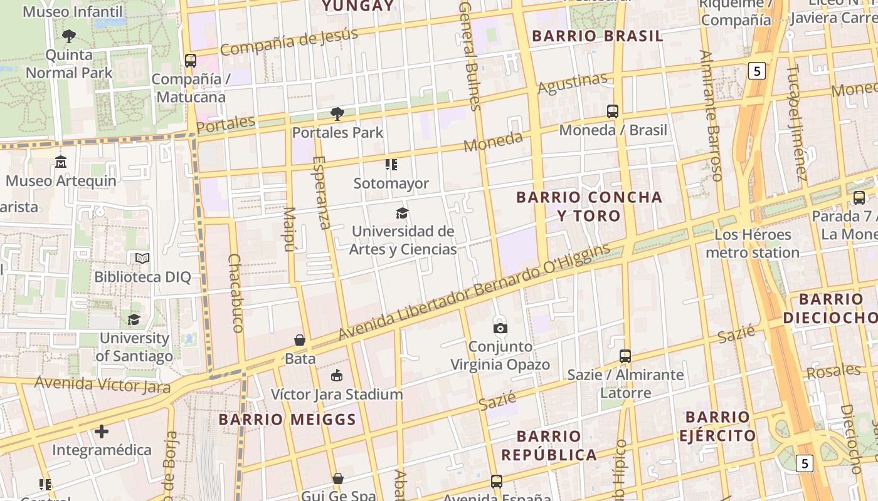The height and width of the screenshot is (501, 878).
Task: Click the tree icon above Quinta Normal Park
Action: (x=69, y=36)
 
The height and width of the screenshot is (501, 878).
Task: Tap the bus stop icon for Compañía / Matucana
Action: (x=191, y=61)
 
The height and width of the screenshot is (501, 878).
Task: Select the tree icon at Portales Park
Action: (x=337, y=114)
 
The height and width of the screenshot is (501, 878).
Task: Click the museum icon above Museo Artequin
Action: (x=61, y=162)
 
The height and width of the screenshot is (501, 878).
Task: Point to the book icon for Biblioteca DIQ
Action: (x=142, y=258)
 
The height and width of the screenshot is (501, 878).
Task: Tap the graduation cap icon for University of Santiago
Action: (x=134, y=320)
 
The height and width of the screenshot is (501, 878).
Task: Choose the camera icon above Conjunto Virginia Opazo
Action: (x=500, y=328)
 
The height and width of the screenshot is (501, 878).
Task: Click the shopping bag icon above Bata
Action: (x=300, y=340)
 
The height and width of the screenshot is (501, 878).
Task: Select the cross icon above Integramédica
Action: (x=102, y=431)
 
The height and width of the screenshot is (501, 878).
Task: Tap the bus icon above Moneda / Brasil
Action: (x=613, y=111)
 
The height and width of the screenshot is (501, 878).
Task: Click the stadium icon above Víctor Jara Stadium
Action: (x=337, y=376)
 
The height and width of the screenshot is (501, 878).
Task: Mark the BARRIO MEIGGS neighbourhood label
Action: (x=287, y=420)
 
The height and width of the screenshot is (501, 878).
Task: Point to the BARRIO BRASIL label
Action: (x=597, y=36)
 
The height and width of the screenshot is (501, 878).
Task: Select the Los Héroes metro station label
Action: (x=753, y=244)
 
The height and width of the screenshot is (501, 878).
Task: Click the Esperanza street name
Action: (x=321, y=192)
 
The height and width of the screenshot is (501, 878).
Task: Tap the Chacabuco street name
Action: (x=236, y=292)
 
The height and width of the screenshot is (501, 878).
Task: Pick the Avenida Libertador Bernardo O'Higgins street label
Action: (x=474, y=292)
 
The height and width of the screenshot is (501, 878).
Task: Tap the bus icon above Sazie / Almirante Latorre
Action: (x=625, y=356)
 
